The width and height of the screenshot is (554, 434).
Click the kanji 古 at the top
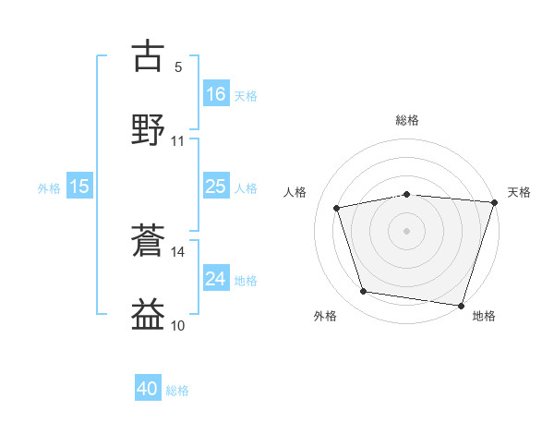[149, 56]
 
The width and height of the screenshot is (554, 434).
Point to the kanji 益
[149, 314]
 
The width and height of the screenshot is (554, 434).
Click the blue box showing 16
[216, 93]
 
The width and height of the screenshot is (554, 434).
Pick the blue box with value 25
[216, 187]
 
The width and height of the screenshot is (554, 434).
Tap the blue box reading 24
[216, 279]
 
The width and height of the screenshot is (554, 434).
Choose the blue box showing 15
[79, 187]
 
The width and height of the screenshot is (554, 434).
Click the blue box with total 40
[148, 389]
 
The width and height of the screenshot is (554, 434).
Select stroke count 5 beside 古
[178, 66]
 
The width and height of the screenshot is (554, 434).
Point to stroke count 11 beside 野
[178, 141]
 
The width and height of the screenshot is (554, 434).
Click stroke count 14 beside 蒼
[178, 251]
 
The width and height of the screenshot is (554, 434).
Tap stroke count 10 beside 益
[178, 325]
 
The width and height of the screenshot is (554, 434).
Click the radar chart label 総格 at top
[407, 121]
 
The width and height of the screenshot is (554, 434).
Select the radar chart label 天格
[519, 192]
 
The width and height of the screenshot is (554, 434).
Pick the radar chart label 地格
[484, 316]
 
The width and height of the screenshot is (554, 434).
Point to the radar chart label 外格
[325, 316]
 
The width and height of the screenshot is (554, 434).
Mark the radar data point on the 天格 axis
[494, 202]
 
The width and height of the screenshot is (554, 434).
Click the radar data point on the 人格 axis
[338, 208]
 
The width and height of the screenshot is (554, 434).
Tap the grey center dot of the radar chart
[407, 230]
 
